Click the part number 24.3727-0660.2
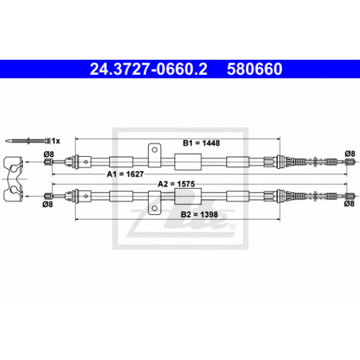tap(148, 69)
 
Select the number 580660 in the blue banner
tap(254, 69)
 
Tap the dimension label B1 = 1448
tap(202, 143)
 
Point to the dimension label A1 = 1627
tap(125, 174)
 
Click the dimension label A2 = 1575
tap(176, 184)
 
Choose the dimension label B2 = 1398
tap(199, 214)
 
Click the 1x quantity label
tap(56, 141)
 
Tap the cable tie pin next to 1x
tap(28, 141)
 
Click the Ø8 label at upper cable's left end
tap(49, 154)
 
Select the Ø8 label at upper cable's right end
tap(350, 154)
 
